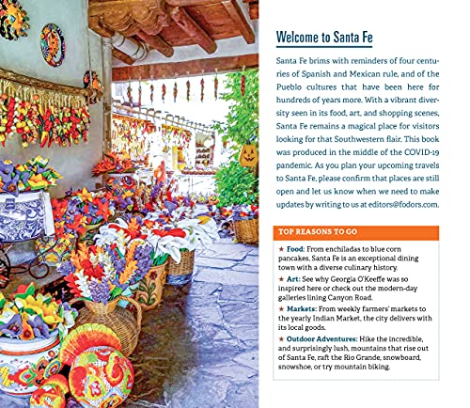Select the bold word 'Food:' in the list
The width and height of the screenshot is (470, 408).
(295, 249)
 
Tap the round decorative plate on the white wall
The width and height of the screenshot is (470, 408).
(52, 44)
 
